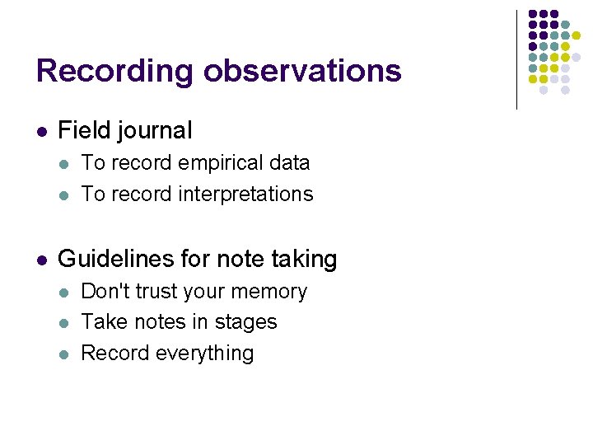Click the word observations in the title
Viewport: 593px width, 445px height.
tap(303, 71)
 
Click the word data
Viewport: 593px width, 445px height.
tap(289, 163)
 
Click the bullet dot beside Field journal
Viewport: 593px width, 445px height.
tap(41, 131)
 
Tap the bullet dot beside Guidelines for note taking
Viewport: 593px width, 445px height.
tap(41, 260)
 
